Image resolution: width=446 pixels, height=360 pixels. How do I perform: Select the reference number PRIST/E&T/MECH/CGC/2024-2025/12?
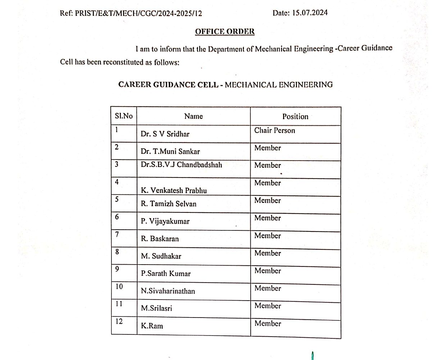point(138,14)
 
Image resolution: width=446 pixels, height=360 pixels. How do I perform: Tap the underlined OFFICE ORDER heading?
point(225,32)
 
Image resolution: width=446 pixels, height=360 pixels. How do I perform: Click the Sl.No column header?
point(124,116)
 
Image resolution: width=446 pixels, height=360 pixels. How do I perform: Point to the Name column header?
point(194,116)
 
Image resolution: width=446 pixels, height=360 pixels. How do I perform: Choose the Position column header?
point(295,117)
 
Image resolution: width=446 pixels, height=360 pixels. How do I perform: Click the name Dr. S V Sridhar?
point(165,134)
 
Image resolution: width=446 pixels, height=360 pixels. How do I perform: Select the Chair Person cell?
point(274,130)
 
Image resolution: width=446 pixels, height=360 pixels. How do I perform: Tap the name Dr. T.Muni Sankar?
point(170,152)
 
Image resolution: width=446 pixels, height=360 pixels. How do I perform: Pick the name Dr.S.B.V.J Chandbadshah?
point(181,165)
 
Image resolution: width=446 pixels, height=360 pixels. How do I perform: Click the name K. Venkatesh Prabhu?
point(174,190)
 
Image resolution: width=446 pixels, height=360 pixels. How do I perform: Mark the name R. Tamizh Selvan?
point(168,204)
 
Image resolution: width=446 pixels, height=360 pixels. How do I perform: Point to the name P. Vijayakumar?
point(165,221)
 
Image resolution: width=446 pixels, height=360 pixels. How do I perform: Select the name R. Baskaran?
point(160,239)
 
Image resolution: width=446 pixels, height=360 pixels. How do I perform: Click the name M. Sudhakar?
point(161,256)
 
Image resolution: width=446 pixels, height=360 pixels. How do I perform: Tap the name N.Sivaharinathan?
point(168,291)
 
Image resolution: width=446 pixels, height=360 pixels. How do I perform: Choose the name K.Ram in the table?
point(152,326)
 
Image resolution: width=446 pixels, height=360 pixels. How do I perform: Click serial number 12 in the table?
point(119,321)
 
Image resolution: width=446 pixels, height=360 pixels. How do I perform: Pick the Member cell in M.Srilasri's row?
point(268,306)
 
